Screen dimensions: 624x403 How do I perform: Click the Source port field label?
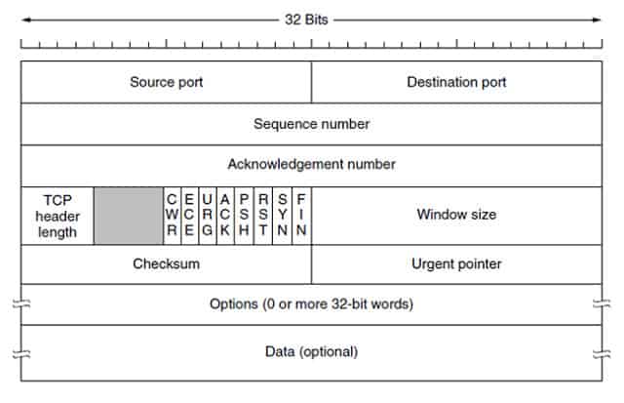coord(167,82)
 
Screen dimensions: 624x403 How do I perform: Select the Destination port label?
coord(456,82)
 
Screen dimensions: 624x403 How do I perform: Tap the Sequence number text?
coord(312,124)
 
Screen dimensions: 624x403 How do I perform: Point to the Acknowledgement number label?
coord(312,165)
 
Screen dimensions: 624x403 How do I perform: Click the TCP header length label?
coord(58,216)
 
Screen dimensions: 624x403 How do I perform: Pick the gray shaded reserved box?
coord(129,216)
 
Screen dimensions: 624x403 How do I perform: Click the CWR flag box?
coord(172,216)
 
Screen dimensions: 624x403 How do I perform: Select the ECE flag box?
coord(190,216)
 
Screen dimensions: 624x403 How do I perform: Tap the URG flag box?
coord(208,216)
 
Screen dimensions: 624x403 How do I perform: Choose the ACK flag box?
coord(225,216)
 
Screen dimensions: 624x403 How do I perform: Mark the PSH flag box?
coord(245,216)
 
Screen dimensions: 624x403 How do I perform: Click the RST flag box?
coord(263,216)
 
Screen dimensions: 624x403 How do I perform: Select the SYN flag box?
coord(282,216)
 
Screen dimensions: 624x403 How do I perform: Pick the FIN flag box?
coord(301,216)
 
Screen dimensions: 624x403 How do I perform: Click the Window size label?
coord(456,215)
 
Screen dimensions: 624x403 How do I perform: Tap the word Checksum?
coord(167,263)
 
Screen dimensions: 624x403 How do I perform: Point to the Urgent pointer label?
coord(456,264)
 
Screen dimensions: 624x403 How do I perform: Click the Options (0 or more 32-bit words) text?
coord(312,304)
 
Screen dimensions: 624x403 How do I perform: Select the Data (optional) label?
coord(312,351)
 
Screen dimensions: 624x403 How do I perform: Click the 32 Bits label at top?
coord(306,20)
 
